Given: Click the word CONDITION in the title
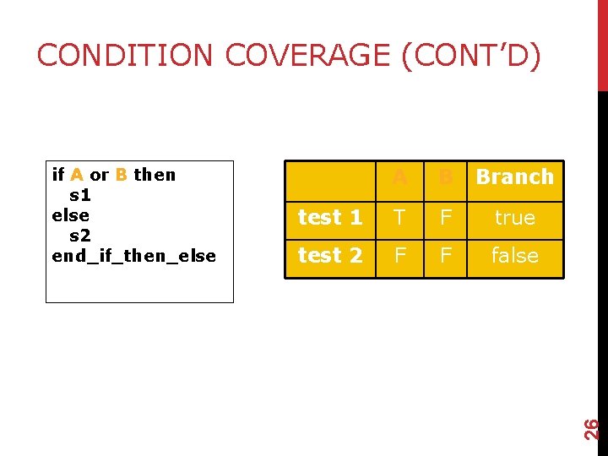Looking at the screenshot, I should (x=126, y=56).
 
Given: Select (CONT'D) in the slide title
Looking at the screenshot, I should (x=470, y=56).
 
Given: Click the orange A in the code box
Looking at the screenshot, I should (x=76, y=175).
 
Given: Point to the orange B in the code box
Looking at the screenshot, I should (x=122, y=175).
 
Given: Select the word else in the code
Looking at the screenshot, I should (x=70, y=215).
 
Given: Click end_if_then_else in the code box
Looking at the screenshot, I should (x=133, y=256).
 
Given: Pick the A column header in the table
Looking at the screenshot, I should (x=400, y=177).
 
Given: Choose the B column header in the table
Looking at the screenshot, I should (x=446, y=177).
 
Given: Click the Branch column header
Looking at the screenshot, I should (x=514, y=177).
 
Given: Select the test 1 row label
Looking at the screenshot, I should (x=330, y=218).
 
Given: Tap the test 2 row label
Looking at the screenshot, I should (x=330, y=256).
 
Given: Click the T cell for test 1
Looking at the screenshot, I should (x=400, y=218).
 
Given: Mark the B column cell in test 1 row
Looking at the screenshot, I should (x=446, y=218).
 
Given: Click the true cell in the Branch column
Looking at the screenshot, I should (x=514, y=218).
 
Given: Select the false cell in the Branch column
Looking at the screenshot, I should (x=514, y=256).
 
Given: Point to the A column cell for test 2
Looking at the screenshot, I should (x=400, y=256).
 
